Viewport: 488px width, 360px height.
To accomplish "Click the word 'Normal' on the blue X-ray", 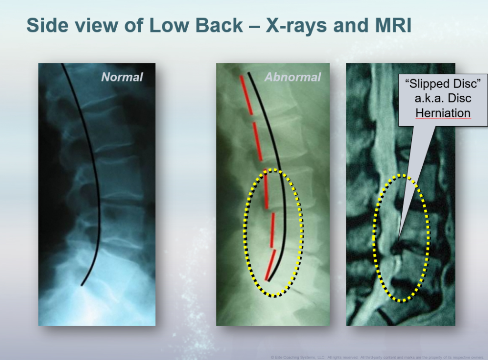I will click(122, 77).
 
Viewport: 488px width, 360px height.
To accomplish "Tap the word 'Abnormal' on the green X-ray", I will click(293, 77).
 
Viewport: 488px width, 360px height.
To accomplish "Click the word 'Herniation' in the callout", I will click(443, 113).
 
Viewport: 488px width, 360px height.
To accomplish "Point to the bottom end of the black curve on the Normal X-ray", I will click(82, 285).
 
